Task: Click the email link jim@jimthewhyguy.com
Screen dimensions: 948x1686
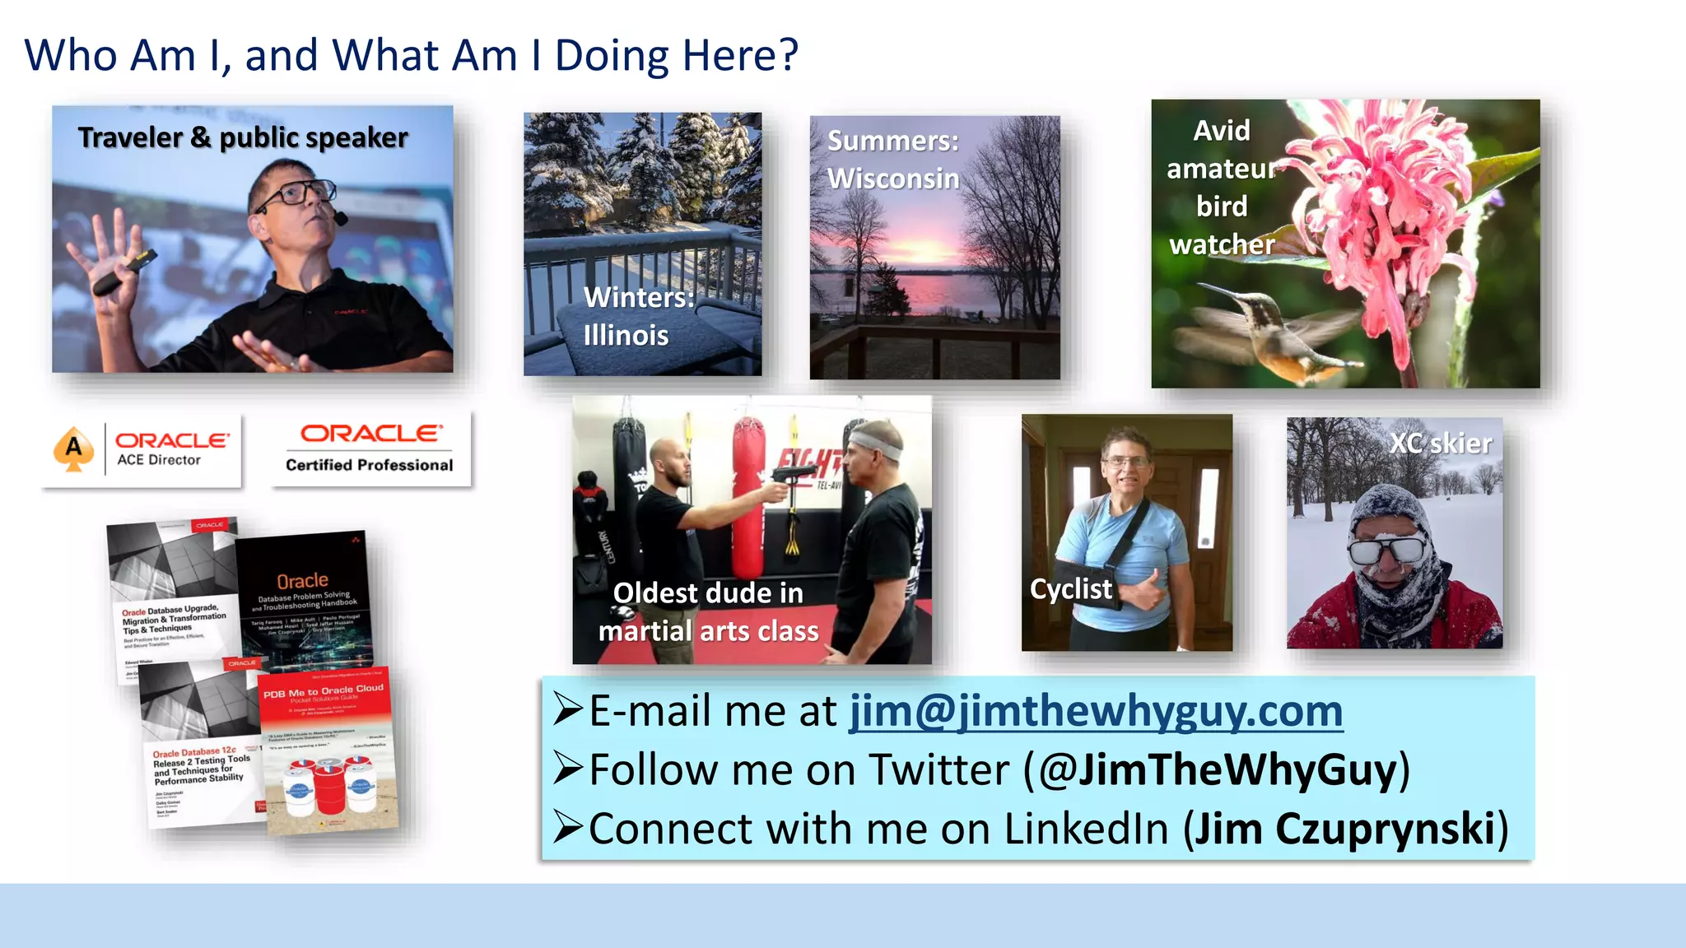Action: (1096, 711)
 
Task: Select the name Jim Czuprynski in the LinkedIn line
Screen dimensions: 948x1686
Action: (1344, 829)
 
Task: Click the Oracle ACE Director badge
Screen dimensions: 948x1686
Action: (142, 450)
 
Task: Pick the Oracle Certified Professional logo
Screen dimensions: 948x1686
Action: (370, 449)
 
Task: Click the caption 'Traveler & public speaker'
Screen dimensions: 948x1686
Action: (243, 137)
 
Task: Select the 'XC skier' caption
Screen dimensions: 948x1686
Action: (1441, 444)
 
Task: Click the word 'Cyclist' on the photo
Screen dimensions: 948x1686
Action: (1070, 589)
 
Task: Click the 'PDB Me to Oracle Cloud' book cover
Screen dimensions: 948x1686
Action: (328, 749)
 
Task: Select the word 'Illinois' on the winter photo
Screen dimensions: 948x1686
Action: (626, 336)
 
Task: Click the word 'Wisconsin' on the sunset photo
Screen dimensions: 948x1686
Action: (893, 179)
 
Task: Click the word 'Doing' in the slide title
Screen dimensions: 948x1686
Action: (612, 56)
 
